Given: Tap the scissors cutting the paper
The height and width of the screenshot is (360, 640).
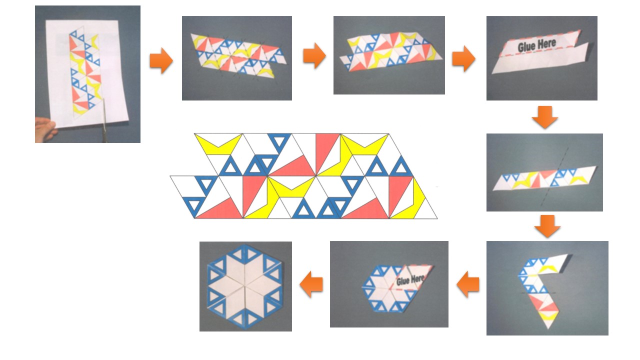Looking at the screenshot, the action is click(x=104, y=120).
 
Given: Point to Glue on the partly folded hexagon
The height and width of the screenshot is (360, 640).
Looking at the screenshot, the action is click(x=403, y=281).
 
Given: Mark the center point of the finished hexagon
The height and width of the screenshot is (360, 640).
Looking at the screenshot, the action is click(x=245, y=285).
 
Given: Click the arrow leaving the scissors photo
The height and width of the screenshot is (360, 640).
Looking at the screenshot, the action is click(x=161, y=60).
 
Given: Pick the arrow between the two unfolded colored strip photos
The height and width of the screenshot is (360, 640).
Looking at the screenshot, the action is click(x=314, y=55).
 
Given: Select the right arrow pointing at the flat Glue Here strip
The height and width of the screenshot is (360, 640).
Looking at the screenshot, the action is click(x=463, y=58).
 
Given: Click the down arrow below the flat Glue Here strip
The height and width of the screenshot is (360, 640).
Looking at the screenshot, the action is click(x=545, y=117).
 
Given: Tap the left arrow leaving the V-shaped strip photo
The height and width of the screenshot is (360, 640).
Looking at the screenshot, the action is click(x=468, y=284).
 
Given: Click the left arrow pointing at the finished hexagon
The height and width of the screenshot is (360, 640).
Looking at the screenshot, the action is click(x=311, y=284).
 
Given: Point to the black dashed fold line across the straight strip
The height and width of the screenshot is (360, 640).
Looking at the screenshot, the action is click(x=554, y=177).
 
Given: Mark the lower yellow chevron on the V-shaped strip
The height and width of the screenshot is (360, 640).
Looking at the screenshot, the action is click(x=548, y=315).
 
